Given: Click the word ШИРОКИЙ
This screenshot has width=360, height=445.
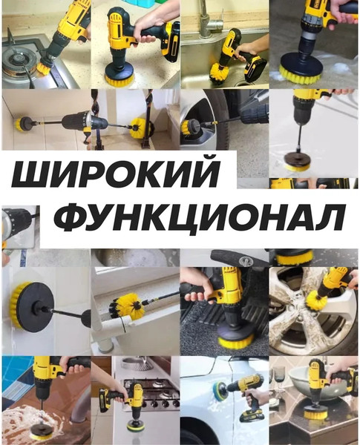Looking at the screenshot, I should (x=117, y=176).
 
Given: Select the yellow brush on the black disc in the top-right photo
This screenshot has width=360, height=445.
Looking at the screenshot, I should (x=301, y=73).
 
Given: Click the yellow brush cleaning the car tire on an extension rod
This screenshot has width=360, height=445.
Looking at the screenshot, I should (x=189, y=128).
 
